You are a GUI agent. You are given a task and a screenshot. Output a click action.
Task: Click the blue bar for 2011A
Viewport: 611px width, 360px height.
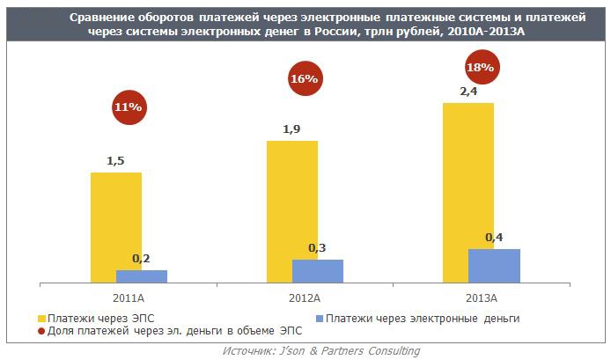[x=141, y=276]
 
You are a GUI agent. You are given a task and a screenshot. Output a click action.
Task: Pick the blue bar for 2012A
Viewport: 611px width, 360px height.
[x=317, y=270]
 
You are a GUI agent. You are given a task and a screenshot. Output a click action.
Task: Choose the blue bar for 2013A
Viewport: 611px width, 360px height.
[x=494, y=265]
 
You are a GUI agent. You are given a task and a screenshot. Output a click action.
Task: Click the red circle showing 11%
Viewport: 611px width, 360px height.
[x=128, y=107]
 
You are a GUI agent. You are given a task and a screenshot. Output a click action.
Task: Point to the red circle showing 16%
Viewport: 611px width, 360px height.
[x=304, y=79]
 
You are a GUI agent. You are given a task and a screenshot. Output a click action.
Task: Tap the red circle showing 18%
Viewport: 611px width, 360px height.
[x=480, y=66]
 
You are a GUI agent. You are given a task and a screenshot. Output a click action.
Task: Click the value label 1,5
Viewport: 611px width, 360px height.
[x=115, y=161]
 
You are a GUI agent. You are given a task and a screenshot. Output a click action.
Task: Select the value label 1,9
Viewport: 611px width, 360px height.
[x=291, y=129]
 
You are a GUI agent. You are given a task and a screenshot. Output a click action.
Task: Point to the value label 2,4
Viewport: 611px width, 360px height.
[x=467, y=91]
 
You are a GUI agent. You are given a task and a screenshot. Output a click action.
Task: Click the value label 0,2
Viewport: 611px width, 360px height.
[x=141, y=258]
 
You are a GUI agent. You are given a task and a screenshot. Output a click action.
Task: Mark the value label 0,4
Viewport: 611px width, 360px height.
[x=494, y=237]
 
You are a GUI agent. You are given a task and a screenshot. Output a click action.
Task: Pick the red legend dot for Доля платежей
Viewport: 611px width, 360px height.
[x=40, y=331]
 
